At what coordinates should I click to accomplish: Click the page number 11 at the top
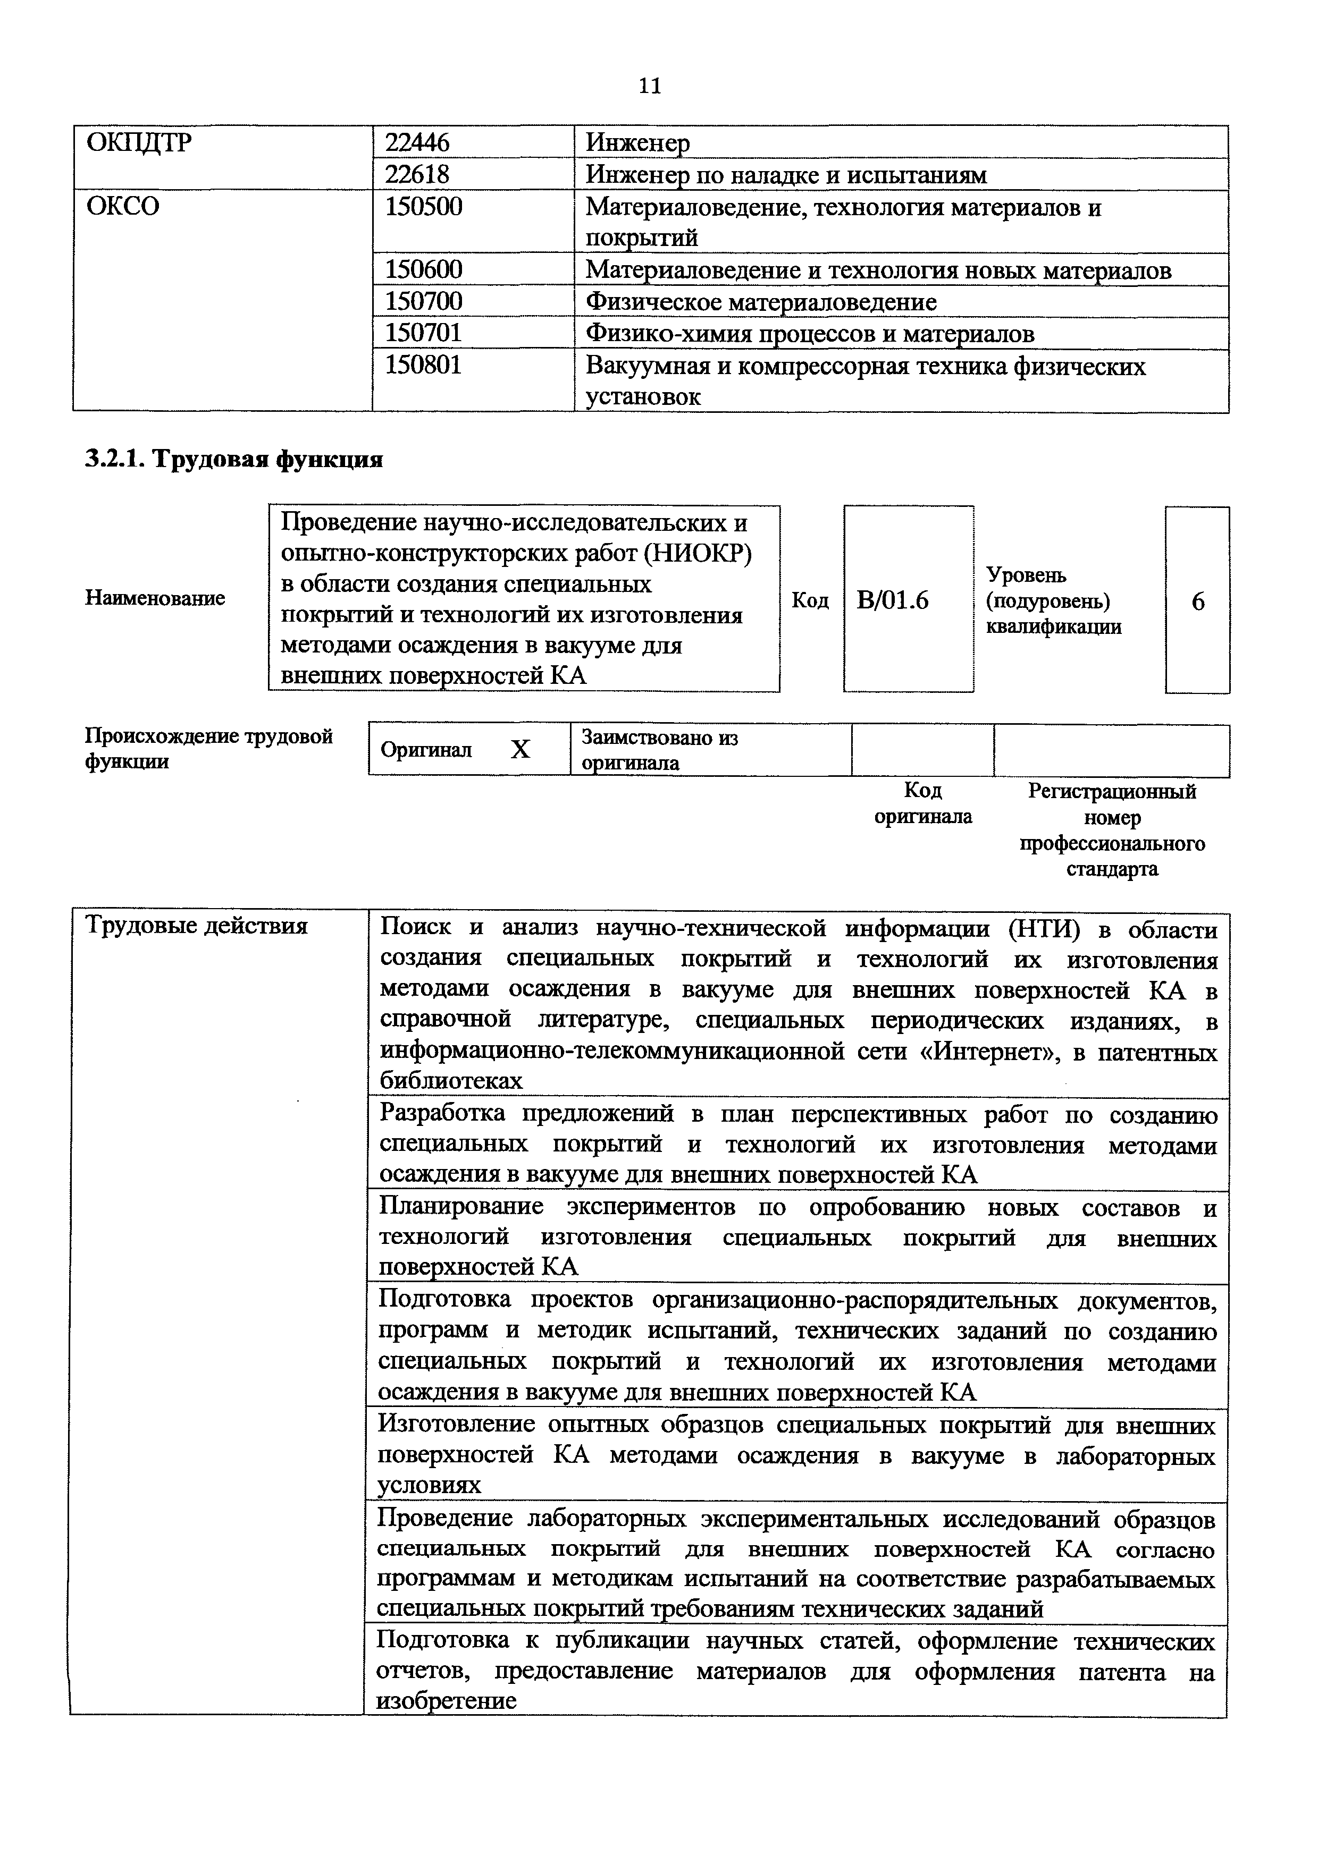650,86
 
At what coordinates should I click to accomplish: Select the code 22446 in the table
417,143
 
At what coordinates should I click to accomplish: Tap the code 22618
417,174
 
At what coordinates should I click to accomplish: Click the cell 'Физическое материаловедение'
761,302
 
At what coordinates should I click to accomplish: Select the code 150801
423,366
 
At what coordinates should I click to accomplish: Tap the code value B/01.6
893,601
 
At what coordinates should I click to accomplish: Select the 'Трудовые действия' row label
197,926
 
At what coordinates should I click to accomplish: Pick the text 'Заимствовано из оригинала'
659,749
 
